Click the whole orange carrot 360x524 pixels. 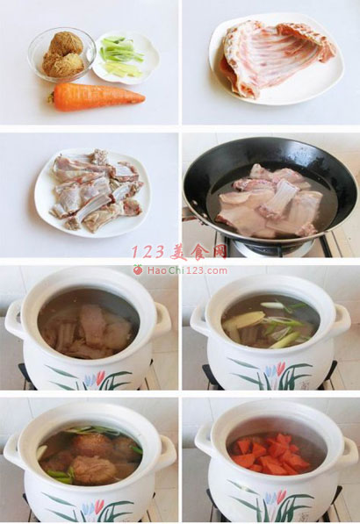[97, 97]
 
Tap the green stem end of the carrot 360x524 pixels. [51, 98]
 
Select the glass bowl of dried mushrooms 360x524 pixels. [61, 54]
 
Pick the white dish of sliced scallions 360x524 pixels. [126, 57]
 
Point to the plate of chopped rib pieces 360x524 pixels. [92, 192]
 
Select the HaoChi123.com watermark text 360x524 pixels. [187, 270]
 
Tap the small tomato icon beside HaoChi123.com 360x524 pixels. [138, 269]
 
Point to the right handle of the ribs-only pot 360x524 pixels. [162, 320]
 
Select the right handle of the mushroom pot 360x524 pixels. [168, 451]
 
